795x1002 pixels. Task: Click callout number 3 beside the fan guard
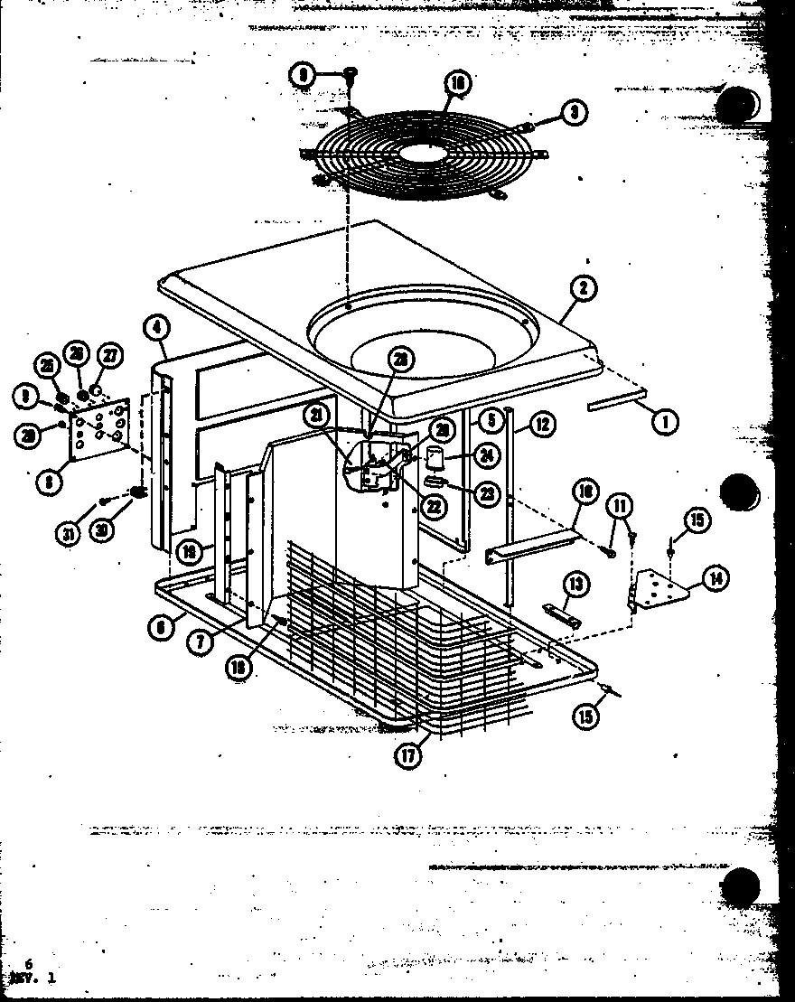point(573,112)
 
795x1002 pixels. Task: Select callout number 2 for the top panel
point(584,289)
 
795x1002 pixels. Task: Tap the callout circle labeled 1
point(667,419)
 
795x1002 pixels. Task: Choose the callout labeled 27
point(108,355)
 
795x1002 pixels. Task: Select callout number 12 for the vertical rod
point(540,422)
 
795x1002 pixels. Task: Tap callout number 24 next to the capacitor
point(487,455)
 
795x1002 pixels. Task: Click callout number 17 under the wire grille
point(409,755)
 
